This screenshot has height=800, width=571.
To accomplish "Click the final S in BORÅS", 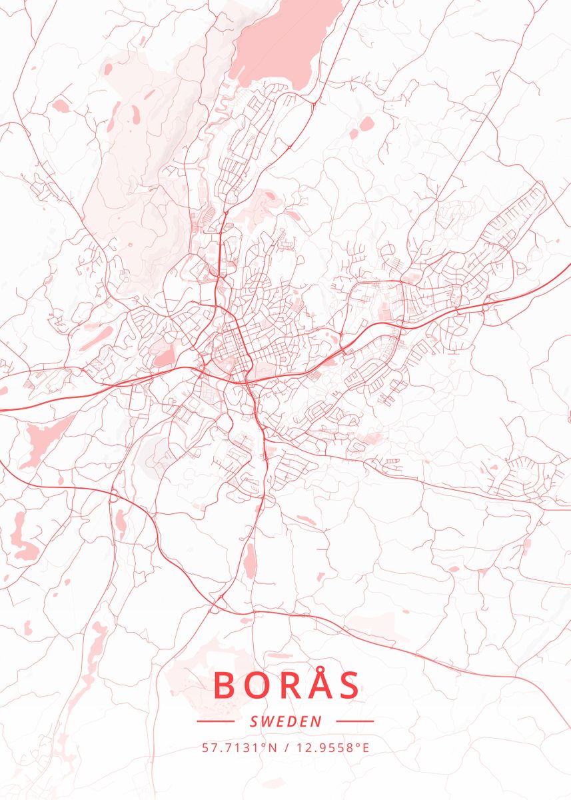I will (349, 685).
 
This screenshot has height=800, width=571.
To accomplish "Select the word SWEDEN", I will (285, 721).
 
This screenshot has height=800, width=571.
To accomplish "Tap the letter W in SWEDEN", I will (267, 721).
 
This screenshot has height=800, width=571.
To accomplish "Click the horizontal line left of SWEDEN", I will (215, 721).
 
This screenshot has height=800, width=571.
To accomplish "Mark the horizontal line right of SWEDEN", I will (355, 721).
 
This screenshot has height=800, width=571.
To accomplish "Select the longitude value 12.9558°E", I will (331, 747).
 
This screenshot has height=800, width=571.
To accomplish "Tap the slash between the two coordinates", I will (285, 747).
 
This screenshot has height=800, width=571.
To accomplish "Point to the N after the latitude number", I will (272, 747).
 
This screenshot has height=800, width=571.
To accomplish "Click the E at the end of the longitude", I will (365, 747).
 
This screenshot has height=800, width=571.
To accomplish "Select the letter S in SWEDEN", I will (253, 721).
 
